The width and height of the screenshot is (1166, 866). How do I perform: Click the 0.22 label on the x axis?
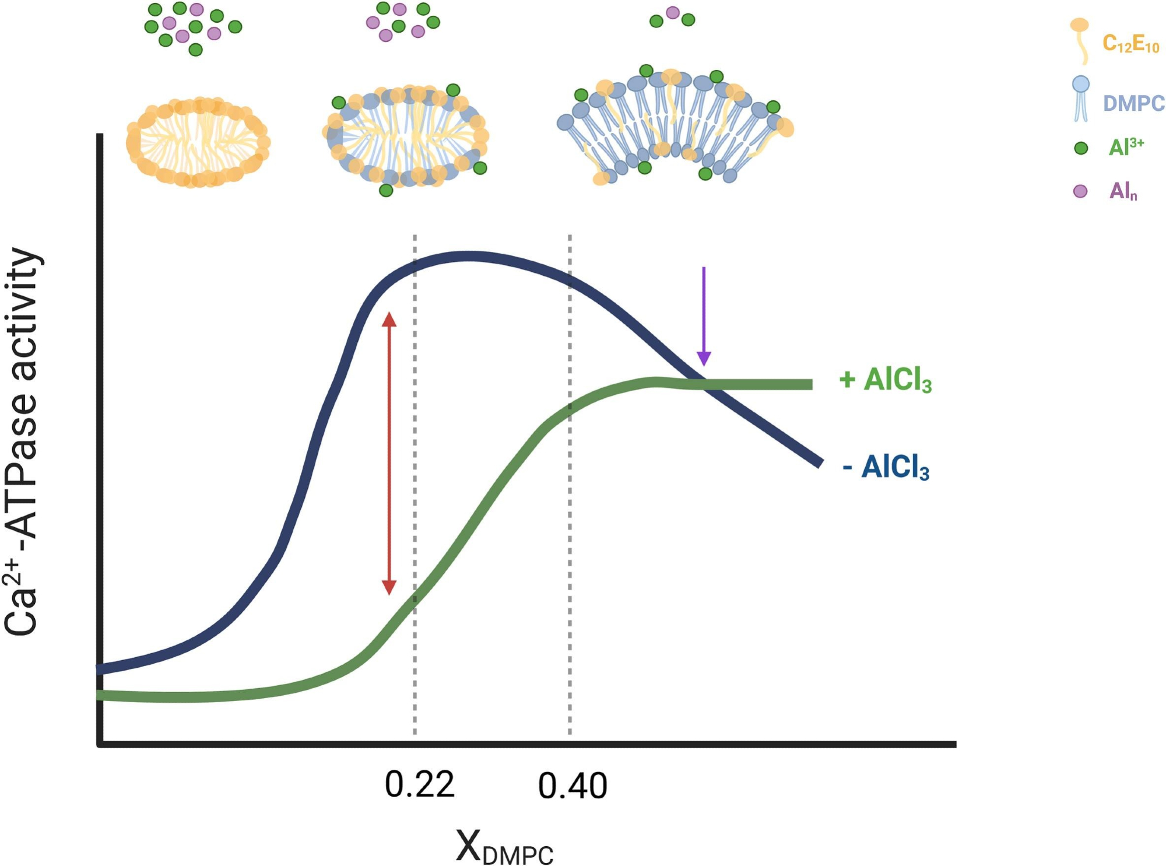pos(419,785)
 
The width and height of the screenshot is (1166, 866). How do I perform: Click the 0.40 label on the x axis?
pos(573,786)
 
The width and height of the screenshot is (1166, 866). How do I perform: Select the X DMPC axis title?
pos(504,847)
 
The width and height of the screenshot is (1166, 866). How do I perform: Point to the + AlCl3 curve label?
pos(885,380)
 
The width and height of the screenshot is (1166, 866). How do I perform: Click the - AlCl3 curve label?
pos(886,467)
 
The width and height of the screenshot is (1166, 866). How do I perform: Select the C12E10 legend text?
pos(1130,44)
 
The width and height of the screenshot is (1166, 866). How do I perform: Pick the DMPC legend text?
pos(1133,104)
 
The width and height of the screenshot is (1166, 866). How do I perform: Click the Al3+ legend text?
pos(1126,146)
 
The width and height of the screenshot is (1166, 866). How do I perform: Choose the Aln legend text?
pos(1123,191)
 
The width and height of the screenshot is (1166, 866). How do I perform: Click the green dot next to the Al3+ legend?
pos(1081,148)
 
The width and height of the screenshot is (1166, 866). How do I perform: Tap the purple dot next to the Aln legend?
pos(1080,191)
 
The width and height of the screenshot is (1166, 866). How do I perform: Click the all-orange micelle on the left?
pos(198,142)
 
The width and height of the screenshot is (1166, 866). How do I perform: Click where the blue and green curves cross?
pos(700,383)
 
